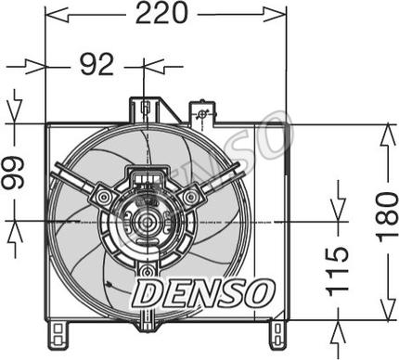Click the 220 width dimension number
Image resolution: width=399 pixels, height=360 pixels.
coord(161,13)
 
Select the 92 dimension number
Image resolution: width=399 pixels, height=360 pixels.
coord(97,65)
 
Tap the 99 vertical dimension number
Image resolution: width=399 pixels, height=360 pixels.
coord(13,173)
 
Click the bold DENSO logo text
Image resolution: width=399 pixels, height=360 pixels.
coord(204,292)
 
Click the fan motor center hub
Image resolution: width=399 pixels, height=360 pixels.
coord(148,222)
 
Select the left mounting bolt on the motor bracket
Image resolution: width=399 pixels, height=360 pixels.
coord(104,197)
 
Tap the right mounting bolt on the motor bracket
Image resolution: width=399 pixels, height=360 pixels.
coord(190,197)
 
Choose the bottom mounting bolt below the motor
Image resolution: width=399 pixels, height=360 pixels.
coord(148,272)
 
